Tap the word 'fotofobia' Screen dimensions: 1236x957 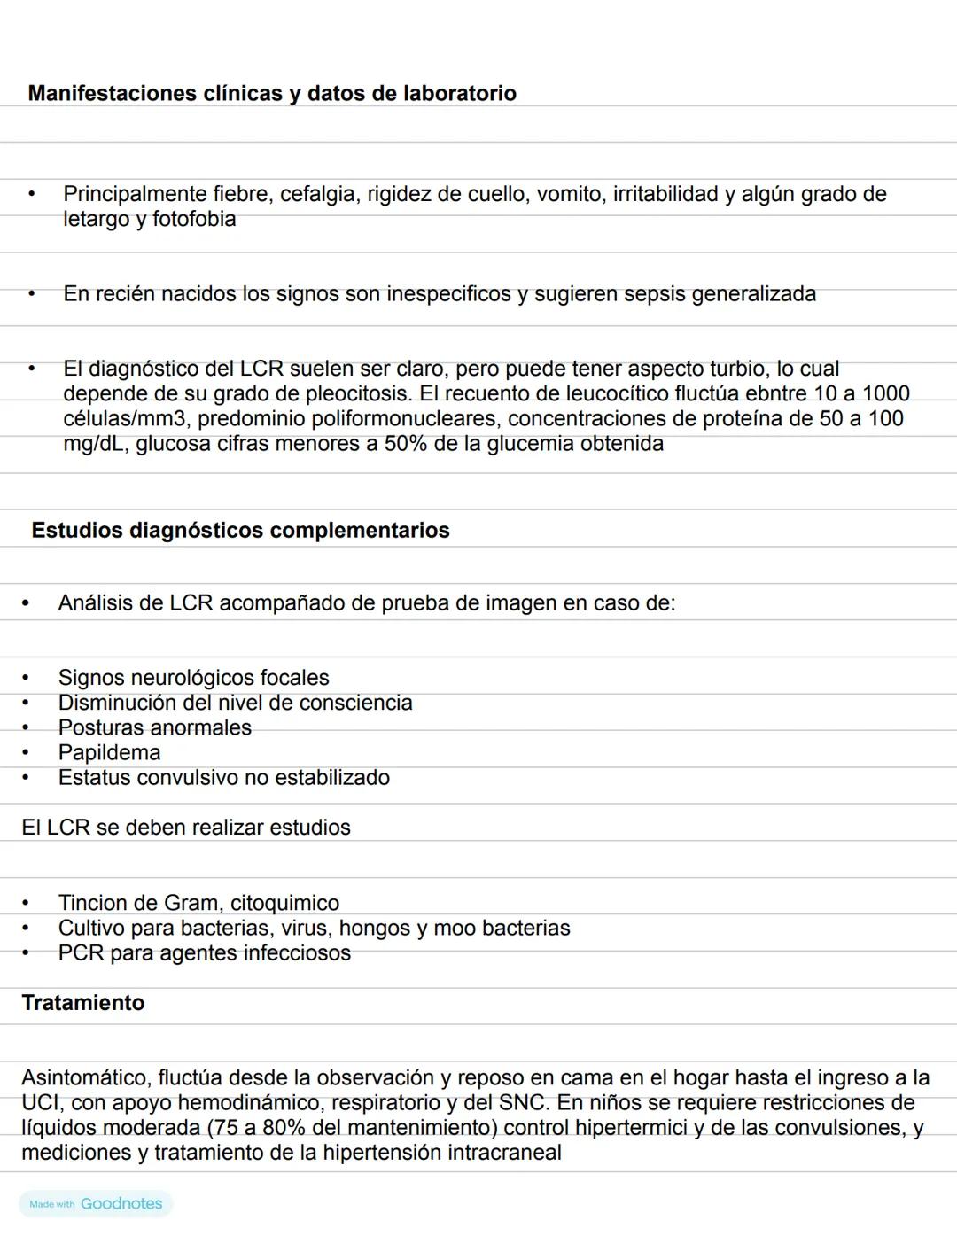[194, 219]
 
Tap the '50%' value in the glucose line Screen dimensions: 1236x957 [406, 443]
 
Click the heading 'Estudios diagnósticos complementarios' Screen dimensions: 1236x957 [240, 530]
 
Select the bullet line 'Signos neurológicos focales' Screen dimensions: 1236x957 [193, 678]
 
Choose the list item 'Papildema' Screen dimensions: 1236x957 [109, 752]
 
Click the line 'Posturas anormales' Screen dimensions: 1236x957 [154, 727]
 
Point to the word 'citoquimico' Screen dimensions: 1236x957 [284, 903]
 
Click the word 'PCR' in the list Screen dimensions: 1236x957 [81, 952]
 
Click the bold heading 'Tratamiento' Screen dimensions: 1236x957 [82, 1002]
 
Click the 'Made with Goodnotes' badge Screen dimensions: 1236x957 [96, 1203]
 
